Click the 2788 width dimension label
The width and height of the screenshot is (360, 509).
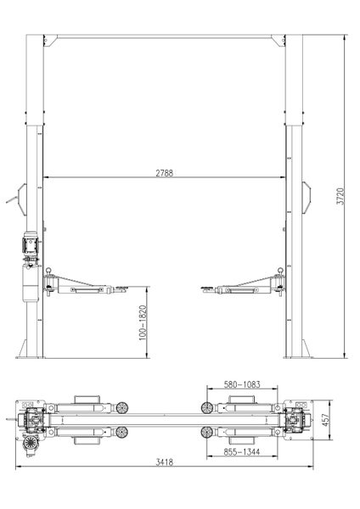[x=165, y=173]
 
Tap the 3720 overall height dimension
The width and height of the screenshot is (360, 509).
[x=340, y=196]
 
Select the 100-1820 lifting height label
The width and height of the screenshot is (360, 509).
[x=143, y=322]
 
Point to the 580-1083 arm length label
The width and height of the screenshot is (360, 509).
[x=242, y=384]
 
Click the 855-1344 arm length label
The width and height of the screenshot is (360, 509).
[x=242, y=451]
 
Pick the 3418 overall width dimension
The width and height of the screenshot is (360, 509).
[x=165, y=462]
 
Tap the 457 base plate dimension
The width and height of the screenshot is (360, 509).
[x=326, y=420]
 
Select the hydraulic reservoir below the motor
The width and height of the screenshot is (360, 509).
[x=31, y=282]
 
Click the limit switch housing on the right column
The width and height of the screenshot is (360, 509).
[x=306, y=198]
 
